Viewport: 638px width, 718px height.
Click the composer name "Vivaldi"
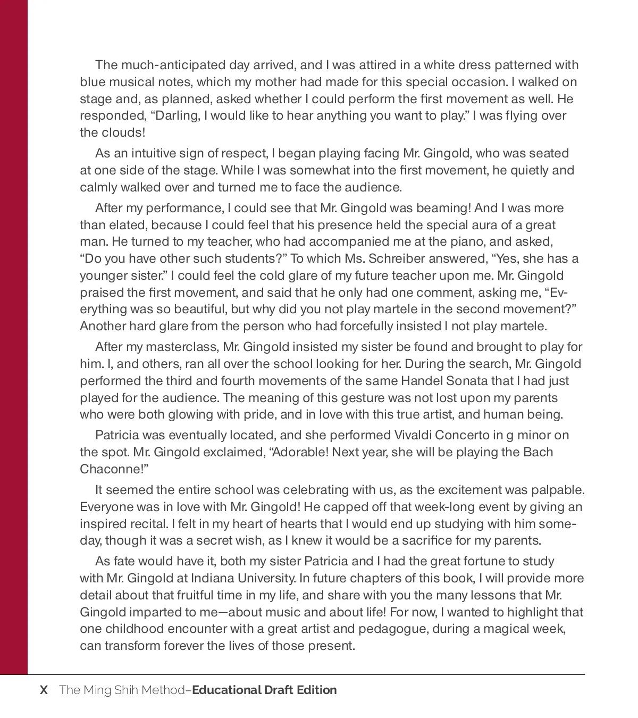coord(413,436)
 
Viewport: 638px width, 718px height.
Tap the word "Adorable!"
coord(299,453)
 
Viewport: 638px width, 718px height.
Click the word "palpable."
coord(559,490)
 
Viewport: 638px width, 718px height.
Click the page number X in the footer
coord(44,690)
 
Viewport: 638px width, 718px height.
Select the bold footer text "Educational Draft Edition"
coord(264,690)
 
